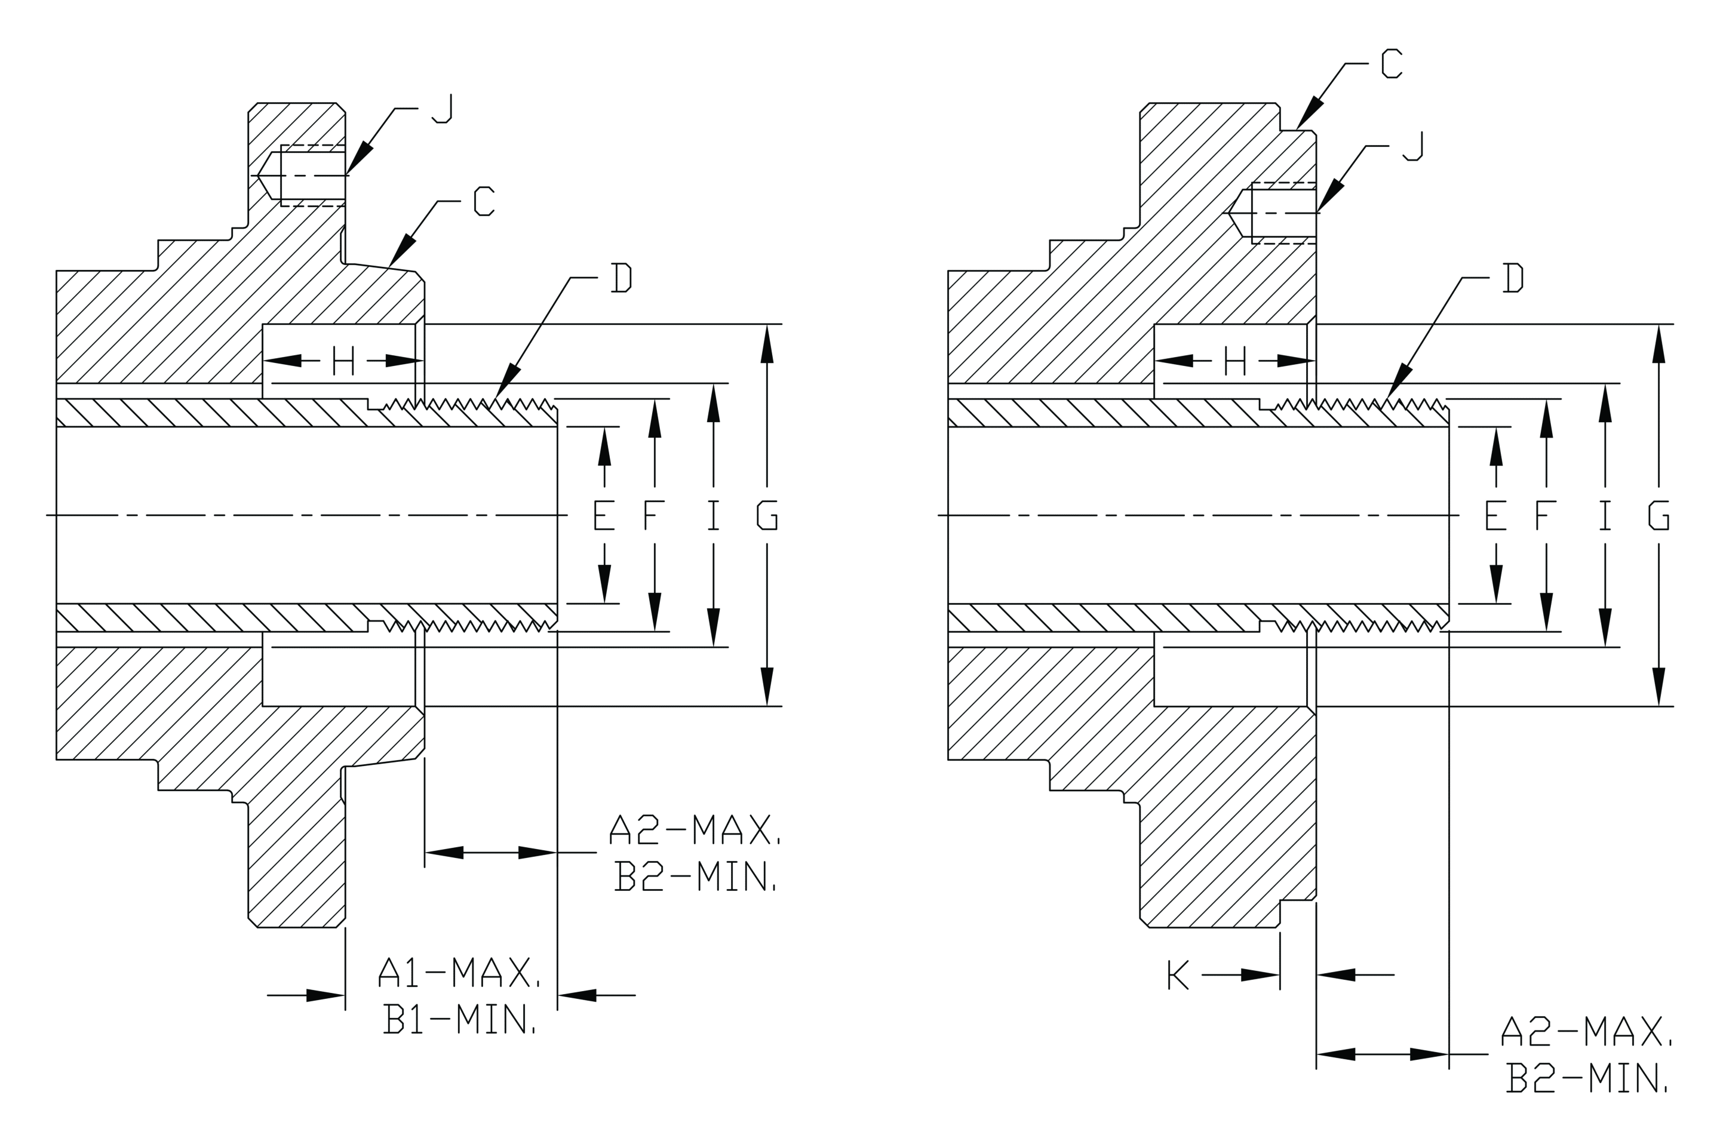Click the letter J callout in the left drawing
pyautogui.click(x=442, y=109)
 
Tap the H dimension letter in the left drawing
pyautogui.click(x=343, y=360)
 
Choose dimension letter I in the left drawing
pyautogui.click(x=713, y=515)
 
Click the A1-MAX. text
pyautogui.click(x=459, y=971)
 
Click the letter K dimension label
pyautogui.click(x=1178, y=974)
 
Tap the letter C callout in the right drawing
pyautogui.click(x=1392, y=63)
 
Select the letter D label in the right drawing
pyautogui.click(x=1513, y=277)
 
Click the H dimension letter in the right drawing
pyautogui.click(x=1235, y=360)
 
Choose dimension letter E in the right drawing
pyautogui.click(x=1496, y=515)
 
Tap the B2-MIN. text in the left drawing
pyautogui.click(x=694, y=876)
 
